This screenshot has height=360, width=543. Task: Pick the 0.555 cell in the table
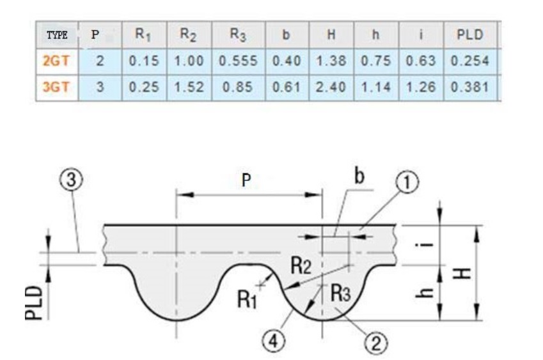238,61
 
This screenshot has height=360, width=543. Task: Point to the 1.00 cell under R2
188,61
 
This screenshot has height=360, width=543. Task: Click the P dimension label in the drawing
246,181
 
